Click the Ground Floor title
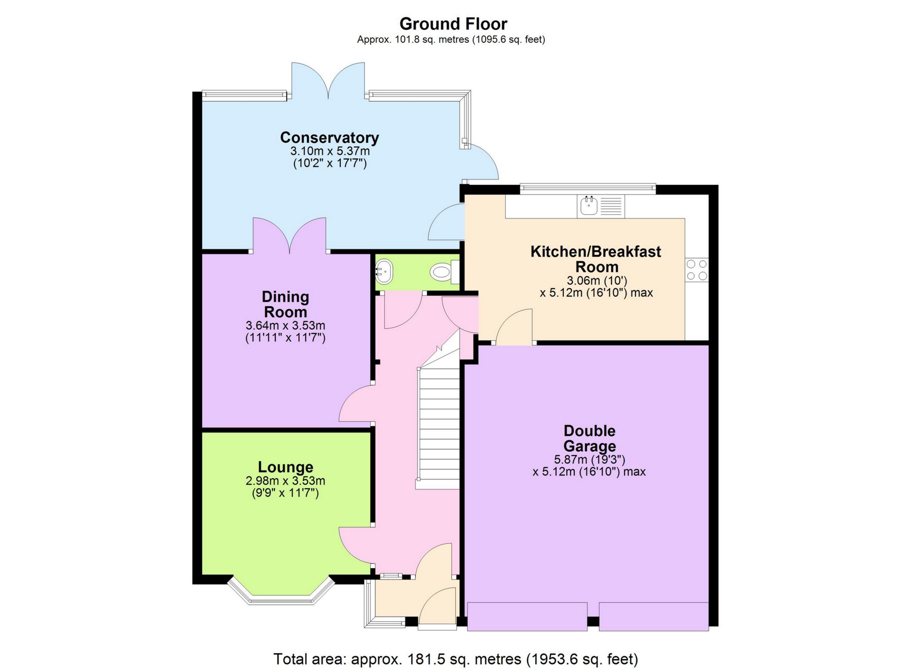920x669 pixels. pyautogui.click(x=453, y=24)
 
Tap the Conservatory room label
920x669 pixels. pyautogui.click(x=329, y=137)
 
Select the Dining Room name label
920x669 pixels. pyautogui.click(x=285, y=304)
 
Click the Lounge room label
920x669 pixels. pyautogui.click(x=285, y=467)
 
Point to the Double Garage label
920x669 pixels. pyautogui.click(x=589, y=438)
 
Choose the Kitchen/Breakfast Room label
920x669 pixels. pyautogui.click(x=596, y=259)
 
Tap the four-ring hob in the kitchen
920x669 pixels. pyautogui.click(x=696, y=270)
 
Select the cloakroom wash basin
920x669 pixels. pyautogui.click(x=384, y=272)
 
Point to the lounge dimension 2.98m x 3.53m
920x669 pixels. pyautogui.click(x=285, y=481)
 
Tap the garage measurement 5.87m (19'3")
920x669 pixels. pyautogui.click(x=589, y=460)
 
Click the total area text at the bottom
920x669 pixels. pyautogui.click(x=455, y=659)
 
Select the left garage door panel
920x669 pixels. pyautogui.click(x=527, y=616)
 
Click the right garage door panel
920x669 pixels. pyautogui.click(x=653, y=616)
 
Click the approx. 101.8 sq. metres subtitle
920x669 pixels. pyautogui.click(x=451, y=40)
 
